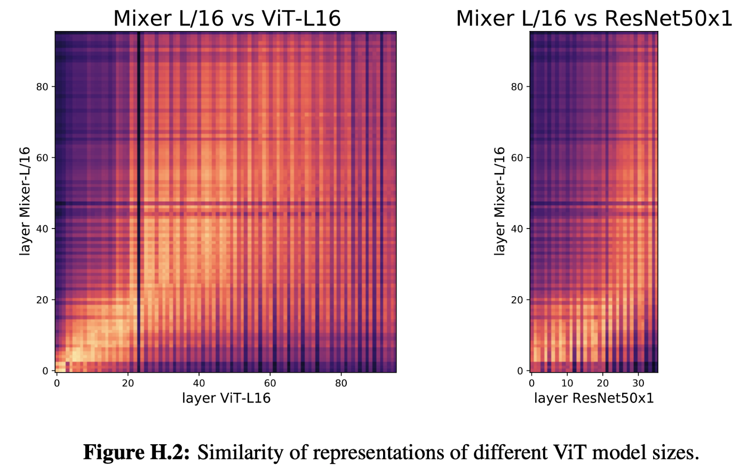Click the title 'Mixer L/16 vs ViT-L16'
[227, 18]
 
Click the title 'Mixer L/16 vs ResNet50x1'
[594, 18]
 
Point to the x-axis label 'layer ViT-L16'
[226, 398]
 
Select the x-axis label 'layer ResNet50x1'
[594, 398]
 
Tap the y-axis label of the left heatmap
[25, 201]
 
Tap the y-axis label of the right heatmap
[499, 201]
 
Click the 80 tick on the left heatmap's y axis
[43, 86]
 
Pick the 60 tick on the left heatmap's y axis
[43, 157]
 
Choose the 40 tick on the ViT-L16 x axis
[199, 383]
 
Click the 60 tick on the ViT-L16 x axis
[270, 383]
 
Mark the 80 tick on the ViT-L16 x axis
[341, 383]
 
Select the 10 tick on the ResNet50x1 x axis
[567, 383]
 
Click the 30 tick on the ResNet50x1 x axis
[638, 383]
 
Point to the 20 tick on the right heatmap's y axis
[517, 299]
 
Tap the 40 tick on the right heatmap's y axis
[517, 228]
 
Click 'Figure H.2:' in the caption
[137, 453]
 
